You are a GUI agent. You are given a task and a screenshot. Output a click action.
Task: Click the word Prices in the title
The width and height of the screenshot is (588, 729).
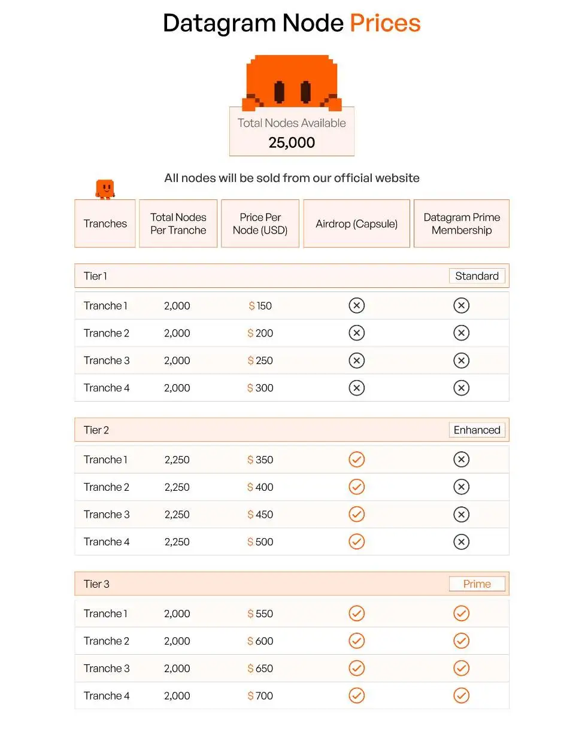pyautogui.click(x=385, y=23)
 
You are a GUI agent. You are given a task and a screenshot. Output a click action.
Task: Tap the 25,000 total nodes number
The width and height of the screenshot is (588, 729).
pyautogui.click(x=292, y=142)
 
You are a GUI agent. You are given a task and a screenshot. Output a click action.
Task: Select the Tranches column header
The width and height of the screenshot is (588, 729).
pyautogui.click(x=105, y=224)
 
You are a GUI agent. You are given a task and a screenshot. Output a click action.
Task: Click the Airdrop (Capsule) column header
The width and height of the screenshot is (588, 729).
pyautogui.click(x=356, y=224)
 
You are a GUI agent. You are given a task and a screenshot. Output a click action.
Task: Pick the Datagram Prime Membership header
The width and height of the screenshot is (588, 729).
pyautogui.click(x=462, y=224)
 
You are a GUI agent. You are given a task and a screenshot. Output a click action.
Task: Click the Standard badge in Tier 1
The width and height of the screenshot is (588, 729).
pyautogui.click(x=477, y=276)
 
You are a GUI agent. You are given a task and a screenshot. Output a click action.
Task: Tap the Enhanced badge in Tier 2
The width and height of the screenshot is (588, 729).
pyautogui.click(x=477, y=430)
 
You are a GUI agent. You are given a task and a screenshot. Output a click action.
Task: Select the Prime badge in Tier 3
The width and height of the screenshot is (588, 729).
pyautogui.click(x=477, y=584)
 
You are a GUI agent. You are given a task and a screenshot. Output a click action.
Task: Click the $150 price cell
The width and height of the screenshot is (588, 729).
pyautogui.click(x=260, y=306)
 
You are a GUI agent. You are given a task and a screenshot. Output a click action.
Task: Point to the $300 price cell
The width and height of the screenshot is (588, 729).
pyautogui.click(x=260, y=388)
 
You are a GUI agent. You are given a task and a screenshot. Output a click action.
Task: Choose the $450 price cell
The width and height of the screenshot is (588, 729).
pyautogui.click(x=260, y=515)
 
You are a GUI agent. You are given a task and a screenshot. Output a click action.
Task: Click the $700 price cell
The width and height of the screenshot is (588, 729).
pyautogui.click(x=260, y=696)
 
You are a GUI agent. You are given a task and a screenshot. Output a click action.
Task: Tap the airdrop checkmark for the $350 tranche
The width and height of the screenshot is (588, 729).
pyautogui.click(x=356, y=460)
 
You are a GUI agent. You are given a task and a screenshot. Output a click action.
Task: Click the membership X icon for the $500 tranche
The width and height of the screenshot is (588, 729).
pyautogui.click(x=461, y=542)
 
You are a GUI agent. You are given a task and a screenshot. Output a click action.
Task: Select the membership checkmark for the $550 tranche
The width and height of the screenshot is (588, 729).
pyautogui.click(x=461, y=613)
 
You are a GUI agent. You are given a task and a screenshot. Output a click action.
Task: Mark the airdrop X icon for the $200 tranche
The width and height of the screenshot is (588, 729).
pyautogui.click(x=356, y=333)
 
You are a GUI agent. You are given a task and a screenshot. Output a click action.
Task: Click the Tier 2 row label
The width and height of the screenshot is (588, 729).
pyautogui.click(x=96, y=430)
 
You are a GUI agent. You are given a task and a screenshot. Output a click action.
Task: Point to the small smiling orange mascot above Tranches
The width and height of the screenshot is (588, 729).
pyautogui.click(x=105, y=189)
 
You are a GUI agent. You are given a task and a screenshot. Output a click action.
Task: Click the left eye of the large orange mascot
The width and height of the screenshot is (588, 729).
pyautogui.click(x=279, y=92)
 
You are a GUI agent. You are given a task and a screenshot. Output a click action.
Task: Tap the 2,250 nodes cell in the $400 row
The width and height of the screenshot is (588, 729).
pyautogui.click(x=177, y=487)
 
